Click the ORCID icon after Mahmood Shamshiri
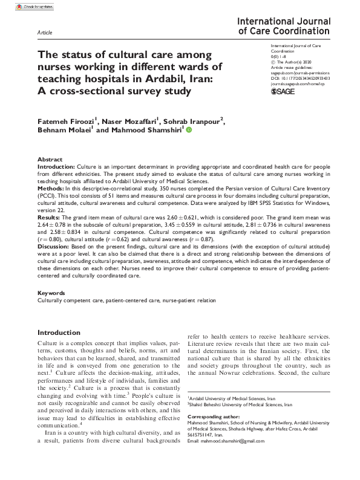188,129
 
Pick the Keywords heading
52,293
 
